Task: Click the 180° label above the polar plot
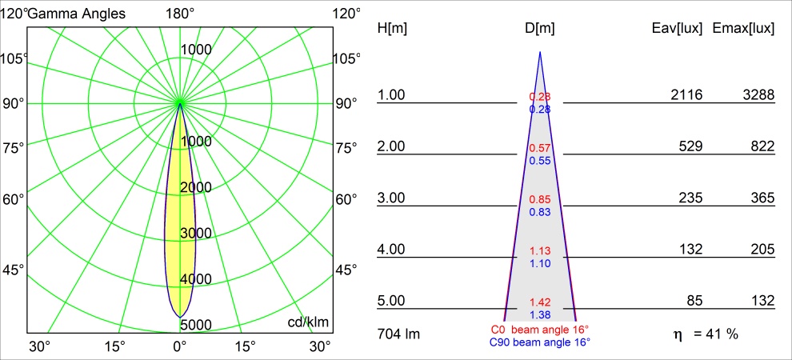click(x=180, y=13)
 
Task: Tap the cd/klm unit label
click(x=308, y=322)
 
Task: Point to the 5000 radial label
click(x=195, y=325)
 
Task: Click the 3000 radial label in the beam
click(x=195, y=234)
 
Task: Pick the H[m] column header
click(x=392, y=28)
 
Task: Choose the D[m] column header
click(x=540, y=28)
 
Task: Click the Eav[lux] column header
click(x=678, y=28)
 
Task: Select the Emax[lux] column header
click(x=743, y=28)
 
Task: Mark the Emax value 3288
click(x=758, y=95)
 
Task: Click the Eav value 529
click(x=691, y=146)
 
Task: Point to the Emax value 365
click(x=763, y=198)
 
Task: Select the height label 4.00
click(x=391, y=250)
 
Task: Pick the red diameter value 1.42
click(x=540, y=302)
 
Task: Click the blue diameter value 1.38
click(x=540, y=315)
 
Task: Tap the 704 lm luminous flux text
click(x=398, y=334)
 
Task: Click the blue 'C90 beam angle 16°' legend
click(x=539, y=342)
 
